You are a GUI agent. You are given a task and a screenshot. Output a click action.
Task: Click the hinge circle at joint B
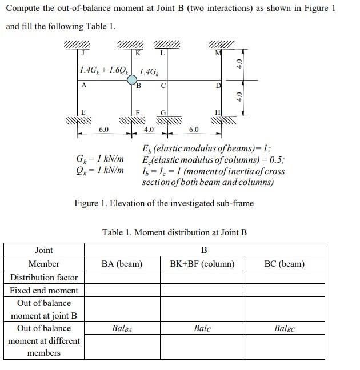click(132, 81)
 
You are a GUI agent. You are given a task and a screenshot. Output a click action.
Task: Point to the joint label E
click(83, 112)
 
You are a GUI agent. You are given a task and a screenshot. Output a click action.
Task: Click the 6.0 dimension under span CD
click(194, 130)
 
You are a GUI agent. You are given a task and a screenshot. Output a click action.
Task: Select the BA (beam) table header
click(122, 264)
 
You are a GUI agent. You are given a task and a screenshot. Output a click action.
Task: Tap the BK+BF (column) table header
click(202, 264)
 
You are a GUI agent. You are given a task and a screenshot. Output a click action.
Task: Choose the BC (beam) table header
click(285, 264)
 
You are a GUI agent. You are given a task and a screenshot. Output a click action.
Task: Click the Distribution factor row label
click(44, 277)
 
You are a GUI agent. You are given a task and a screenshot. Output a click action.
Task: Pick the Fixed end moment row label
click(44, 290)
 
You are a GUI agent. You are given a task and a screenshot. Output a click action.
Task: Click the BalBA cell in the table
click(122, 328)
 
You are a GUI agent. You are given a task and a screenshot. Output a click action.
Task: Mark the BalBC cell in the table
click(285, 328)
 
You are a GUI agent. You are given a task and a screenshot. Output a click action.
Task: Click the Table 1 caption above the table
click(174, 232)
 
